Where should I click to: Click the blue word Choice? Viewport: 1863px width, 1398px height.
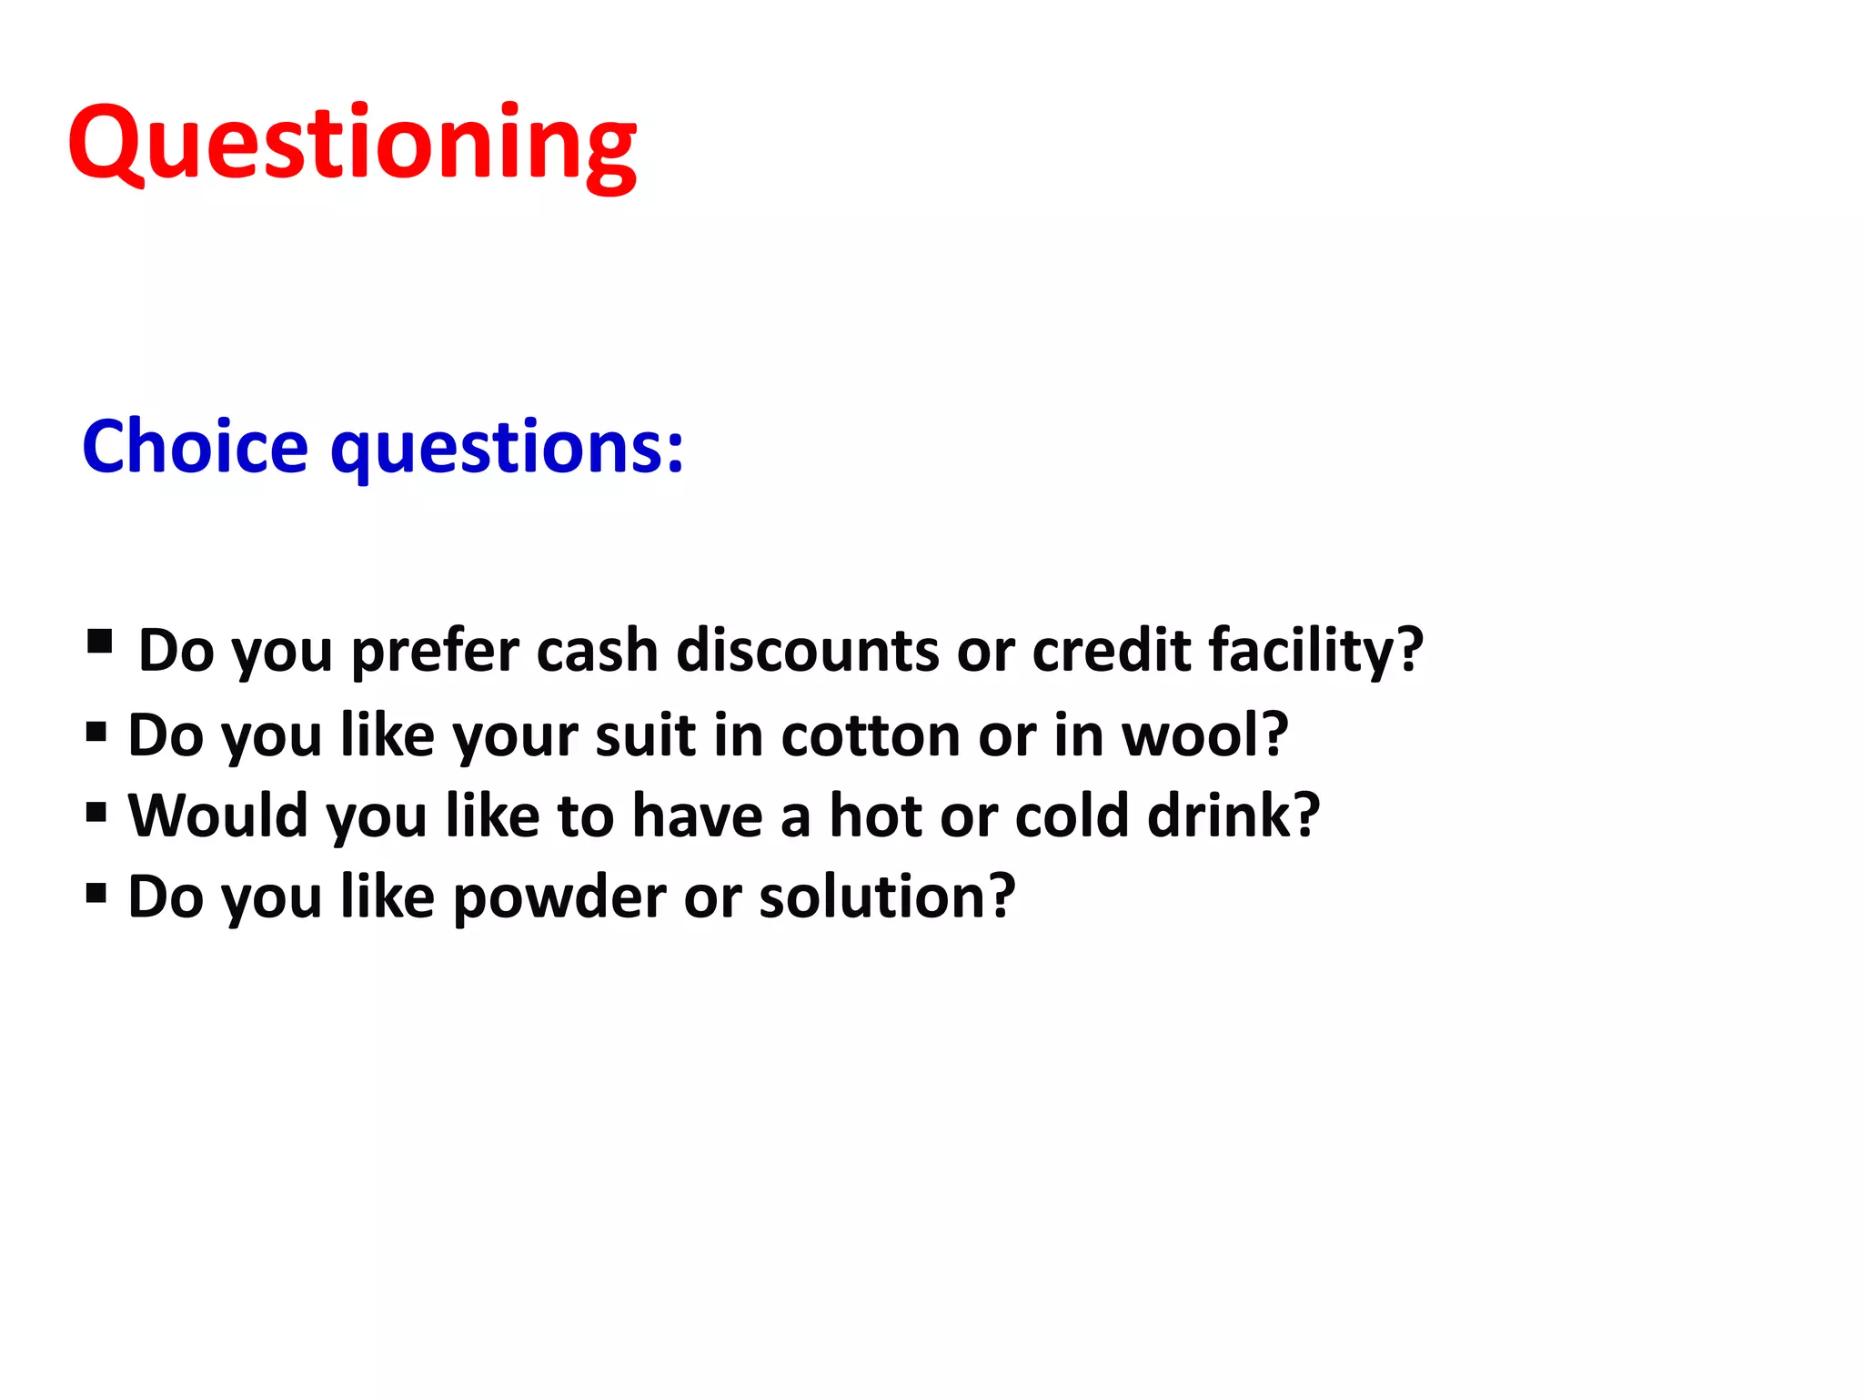coord(195,447)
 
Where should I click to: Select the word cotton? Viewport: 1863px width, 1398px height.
coord(871,734)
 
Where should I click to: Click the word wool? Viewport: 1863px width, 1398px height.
coord(1204,734)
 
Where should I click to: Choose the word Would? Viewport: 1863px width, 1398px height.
coord(217,815)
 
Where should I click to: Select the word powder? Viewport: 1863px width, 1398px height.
coord(559,897)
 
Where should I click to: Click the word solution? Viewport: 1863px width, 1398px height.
coord(887,897)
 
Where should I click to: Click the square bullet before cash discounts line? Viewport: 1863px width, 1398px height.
coord(99,642)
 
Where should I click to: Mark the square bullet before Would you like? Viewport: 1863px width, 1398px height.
coord(96,811)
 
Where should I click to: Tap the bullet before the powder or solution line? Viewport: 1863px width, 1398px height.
coord(96,892)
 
